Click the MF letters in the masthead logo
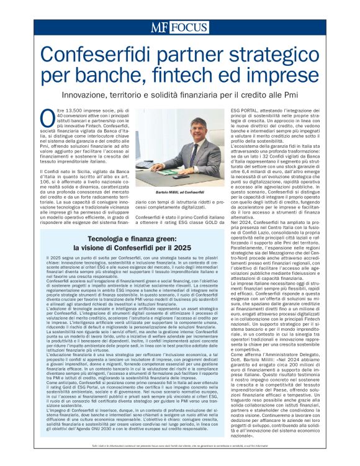[x=160, y=27]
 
